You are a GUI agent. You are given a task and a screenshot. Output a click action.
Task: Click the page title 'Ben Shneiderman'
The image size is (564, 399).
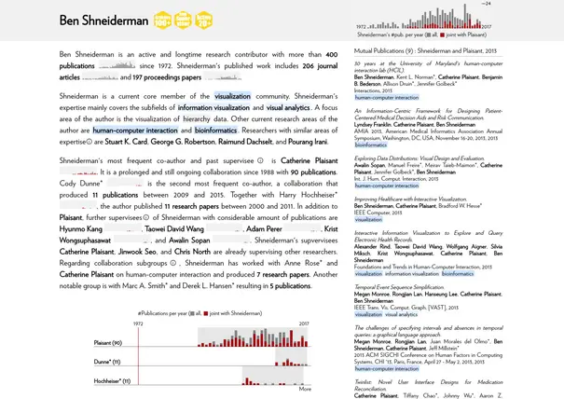(x=103, y=20)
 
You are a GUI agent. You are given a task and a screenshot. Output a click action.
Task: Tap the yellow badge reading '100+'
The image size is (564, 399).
(x=162, y=20)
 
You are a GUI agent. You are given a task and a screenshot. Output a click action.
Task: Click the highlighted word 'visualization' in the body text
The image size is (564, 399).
(x=232, y=96)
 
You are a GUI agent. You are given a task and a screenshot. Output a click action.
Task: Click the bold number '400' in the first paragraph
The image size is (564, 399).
(x=331, y=55)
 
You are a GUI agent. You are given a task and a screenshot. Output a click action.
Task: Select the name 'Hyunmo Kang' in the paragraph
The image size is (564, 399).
(x=81, y=228)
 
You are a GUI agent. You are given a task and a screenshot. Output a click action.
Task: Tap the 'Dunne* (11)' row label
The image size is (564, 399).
(x=107, y=362)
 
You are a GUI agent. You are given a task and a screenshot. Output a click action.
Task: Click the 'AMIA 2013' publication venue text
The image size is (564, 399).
(x=368, y=131)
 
